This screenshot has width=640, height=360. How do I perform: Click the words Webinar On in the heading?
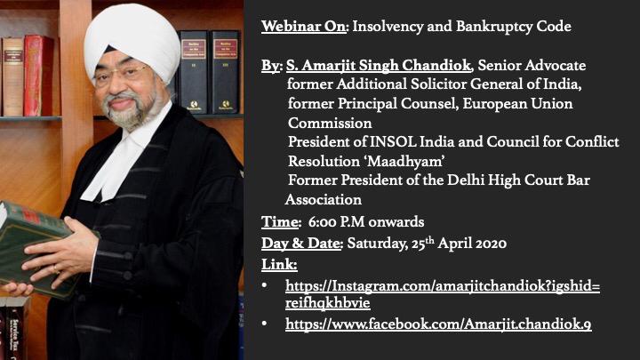point(304,27)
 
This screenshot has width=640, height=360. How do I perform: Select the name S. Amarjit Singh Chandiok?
point(379,65)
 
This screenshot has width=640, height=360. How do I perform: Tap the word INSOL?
point(393,142)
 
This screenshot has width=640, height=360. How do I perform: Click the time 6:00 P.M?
point(334,222)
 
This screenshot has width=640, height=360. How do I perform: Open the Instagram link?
point(443,294)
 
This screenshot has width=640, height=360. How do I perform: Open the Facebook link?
point(438,324)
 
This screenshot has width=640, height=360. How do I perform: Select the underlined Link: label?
point(279,265)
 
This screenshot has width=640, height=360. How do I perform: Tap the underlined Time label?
point(280,222)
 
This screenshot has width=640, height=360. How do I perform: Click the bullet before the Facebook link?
point(265,324)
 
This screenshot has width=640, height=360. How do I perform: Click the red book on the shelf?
point(39,76)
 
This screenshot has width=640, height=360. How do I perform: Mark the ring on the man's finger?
point(55,269)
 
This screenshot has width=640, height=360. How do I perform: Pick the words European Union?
point(517,104)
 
